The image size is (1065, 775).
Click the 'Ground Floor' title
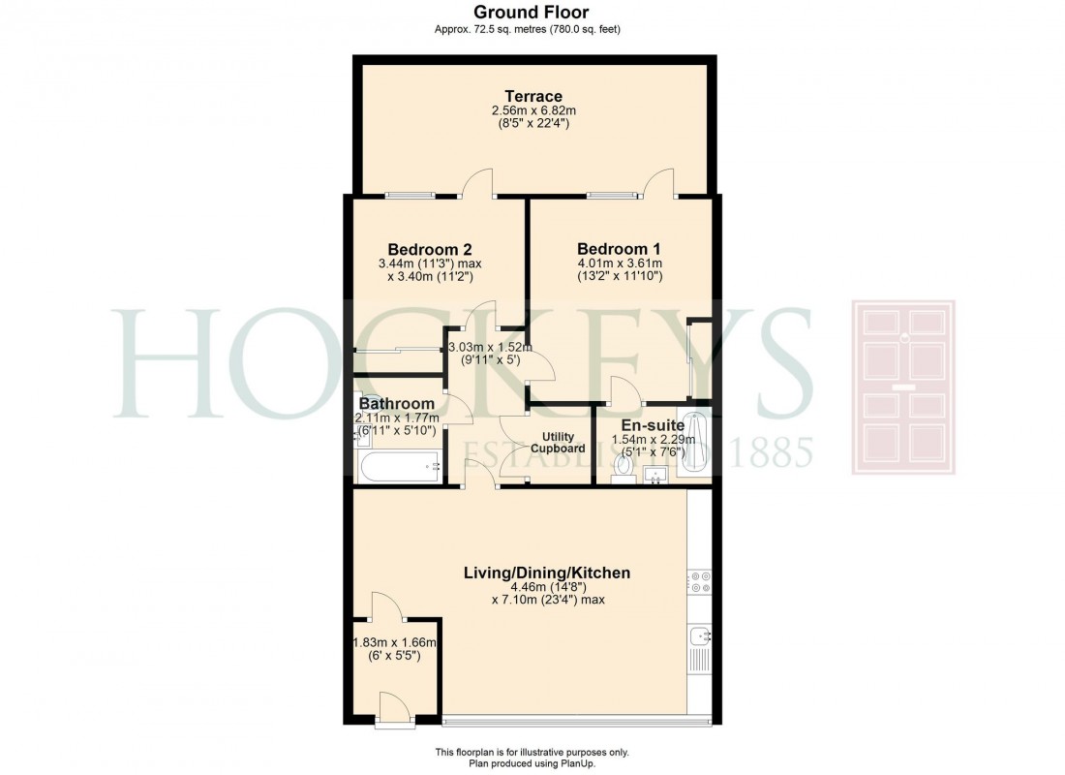[532, 12]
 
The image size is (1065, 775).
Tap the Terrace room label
[532, 96]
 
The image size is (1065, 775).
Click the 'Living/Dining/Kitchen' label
[546, 573]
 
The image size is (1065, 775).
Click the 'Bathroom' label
[396, 403]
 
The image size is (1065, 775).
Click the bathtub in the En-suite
[695, 445]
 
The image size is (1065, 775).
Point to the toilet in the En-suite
[624, 467]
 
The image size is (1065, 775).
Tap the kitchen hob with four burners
[700, 581]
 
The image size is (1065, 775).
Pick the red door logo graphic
[902, 387]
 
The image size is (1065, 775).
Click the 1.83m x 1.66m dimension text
[395, 641]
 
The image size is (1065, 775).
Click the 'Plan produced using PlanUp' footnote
[532, 764]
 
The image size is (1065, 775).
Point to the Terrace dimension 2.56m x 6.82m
[532, 111]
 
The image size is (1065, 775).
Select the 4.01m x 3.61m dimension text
[618, 263]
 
